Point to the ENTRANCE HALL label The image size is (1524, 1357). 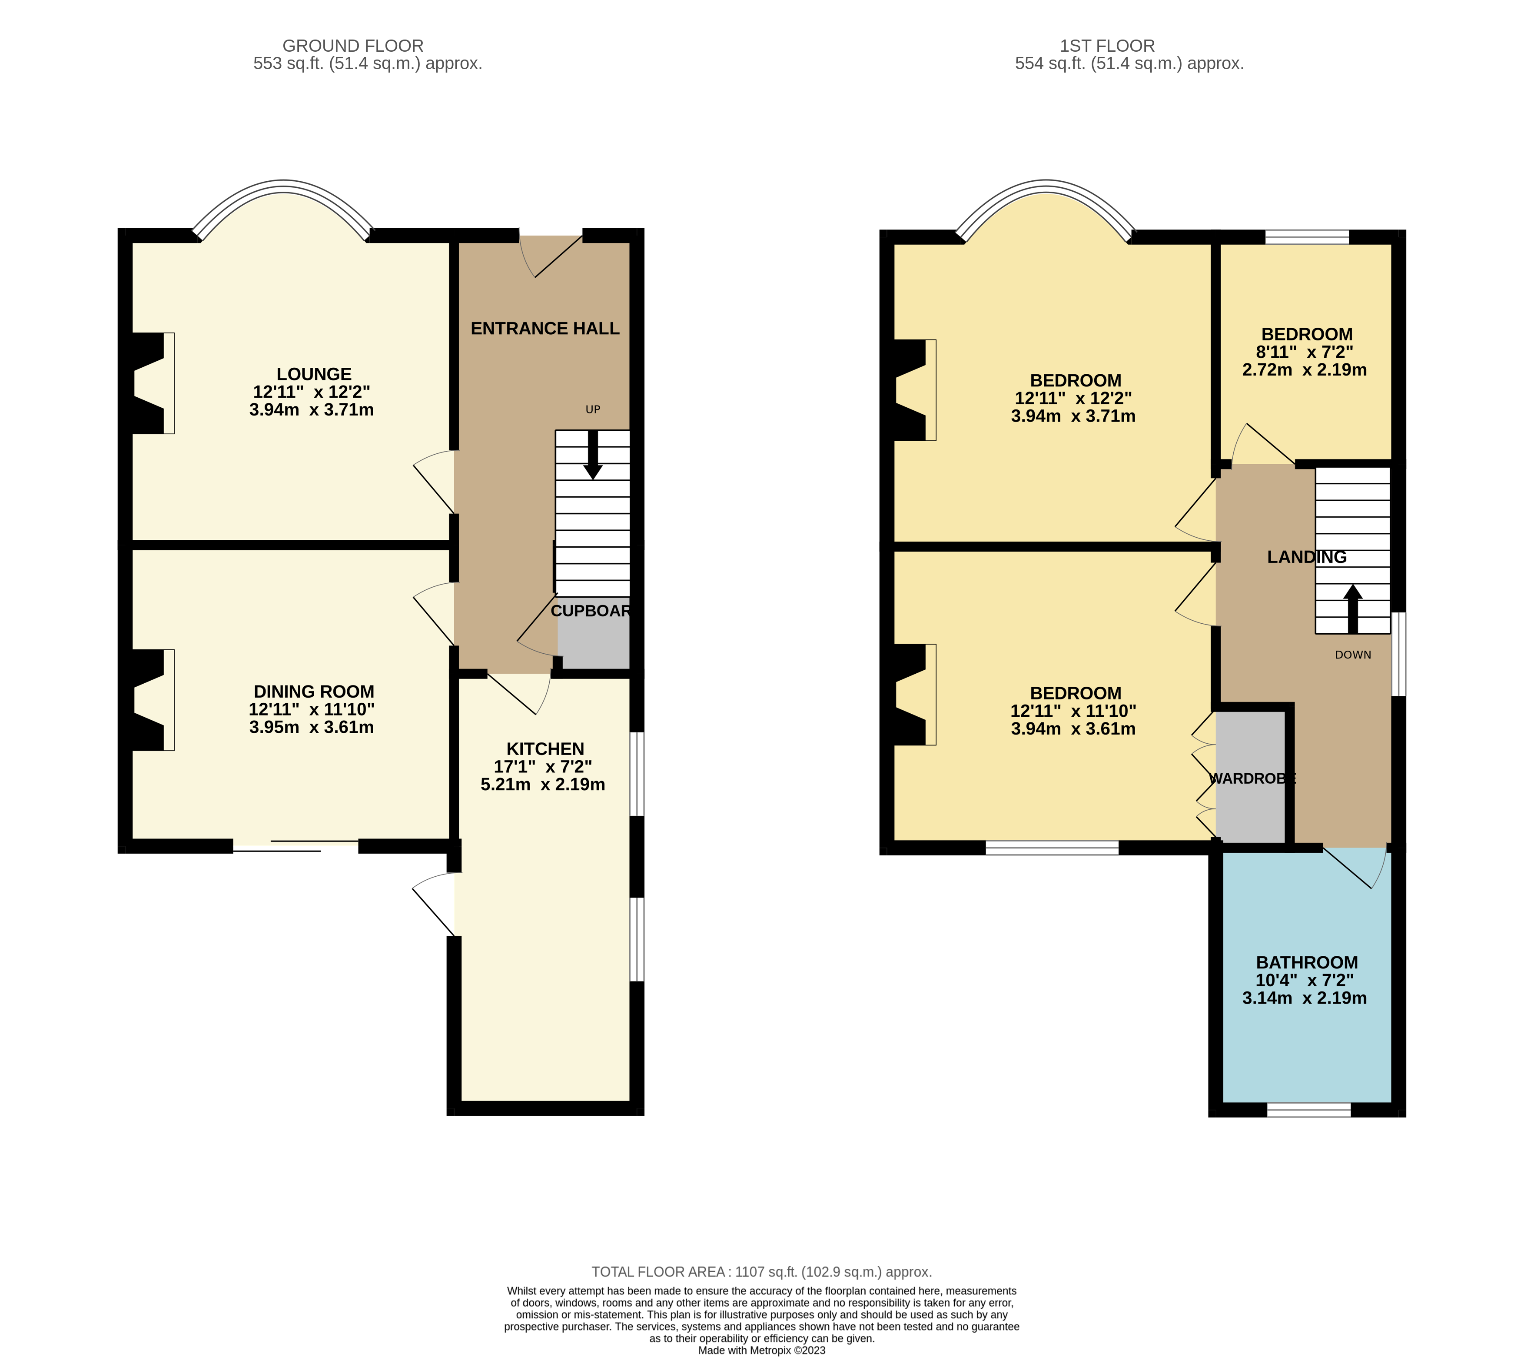tap(545, 329)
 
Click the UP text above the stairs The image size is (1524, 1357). tap(593, 409)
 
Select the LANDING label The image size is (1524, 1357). tap(1306, 557)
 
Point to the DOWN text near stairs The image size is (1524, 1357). tap(1352, 655)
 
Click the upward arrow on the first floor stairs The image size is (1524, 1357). tap(1352, 608)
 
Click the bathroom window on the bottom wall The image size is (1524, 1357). tap(1308, 1110)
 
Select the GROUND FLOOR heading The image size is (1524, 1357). tap(353, 46)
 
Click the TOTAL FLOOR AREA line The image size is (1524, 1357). tap(761, 1272)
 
